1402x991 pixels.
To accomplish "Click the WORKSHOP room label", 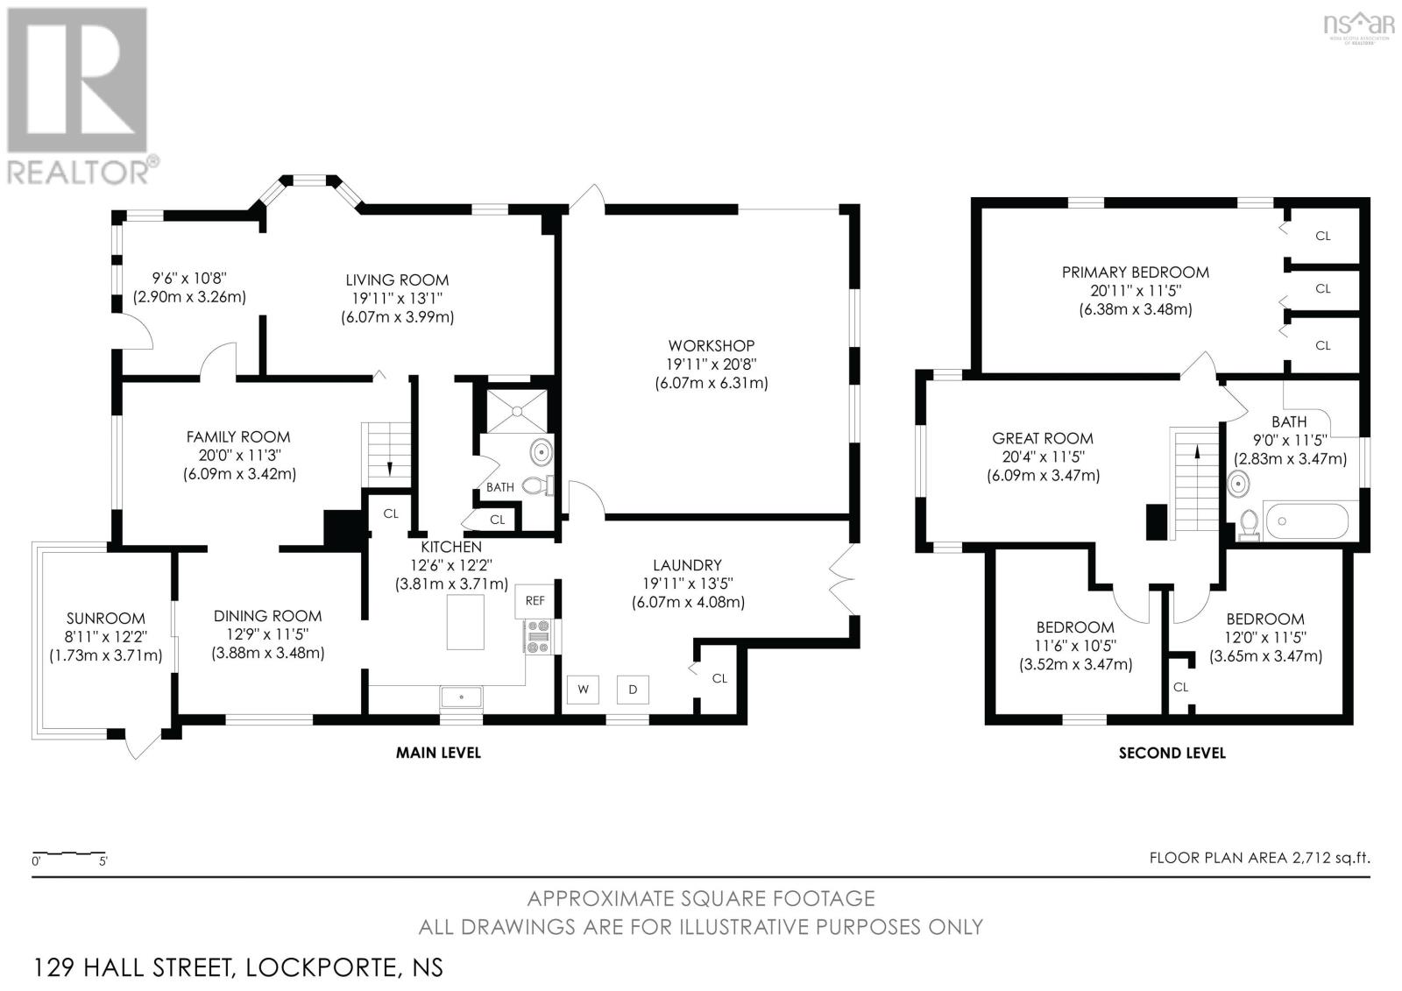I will coord(711,345).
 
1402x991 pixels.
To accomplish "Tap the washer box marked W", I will coord(583,690).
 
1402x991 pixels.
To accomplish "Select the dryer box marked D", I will coord(633,690).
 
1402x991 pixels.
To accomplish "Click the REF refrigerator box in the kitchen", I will coord(535,601).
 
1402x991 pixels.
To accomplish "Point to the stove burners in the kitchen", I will coord(536,636).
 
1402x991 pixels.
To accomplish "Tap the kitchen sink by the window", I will coord(461,697).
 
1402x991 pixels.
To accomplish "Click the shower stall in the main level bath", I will coord(516,409).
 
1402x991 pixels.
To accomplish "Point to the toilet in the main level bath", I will coord(535,485).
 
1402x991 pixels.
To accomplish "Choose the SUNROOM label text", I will coord(105,619).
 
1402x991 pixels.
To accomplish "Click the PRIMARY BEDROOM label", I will coord(1135,273).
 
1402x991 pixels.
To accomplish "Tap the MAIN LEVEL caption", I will coord(438,753).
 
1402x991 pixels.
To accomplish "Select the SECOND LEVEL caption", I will coord(1172,753).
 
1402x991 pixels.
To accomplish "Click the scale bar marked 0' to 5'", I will coord(69,853).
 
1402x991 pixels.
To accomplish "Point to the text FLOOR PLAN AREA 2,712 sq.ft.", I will coord(1259,858).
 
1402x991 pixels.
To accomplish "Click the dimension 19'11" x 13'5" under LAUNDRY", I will coord(687,584).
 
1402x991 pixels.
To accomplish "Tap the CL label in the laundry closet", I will coord(719,678).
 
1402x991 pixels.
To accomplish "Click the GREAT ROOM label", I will coord(1042,438).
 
